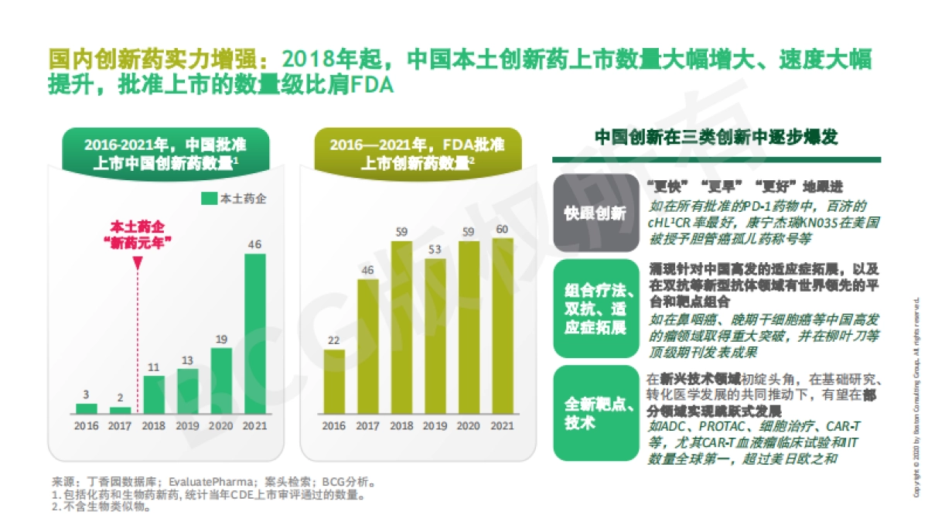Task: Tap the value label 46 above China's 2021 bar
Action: click(254, 244)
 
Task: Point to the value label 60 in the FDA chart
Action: click(503, 229)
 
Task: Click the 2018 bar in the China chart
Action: click(154, 394)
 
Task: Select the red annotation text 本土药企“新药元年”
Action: click(138, 234)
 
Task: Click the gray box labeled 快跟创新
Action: click(595, 213)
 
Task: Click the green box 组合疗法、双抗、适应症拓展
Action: click(595, 309)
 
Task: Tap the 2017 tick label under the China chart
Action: click(120, 425)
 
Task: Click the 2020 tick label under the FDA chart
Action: click(469, 425)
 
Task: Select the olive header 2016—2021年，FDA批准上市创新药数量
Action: click(418, 153)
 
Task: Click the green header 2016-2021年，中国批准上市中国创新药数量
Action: click(165, 153)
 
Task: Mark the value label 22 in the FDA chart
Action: click(334, 340)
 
